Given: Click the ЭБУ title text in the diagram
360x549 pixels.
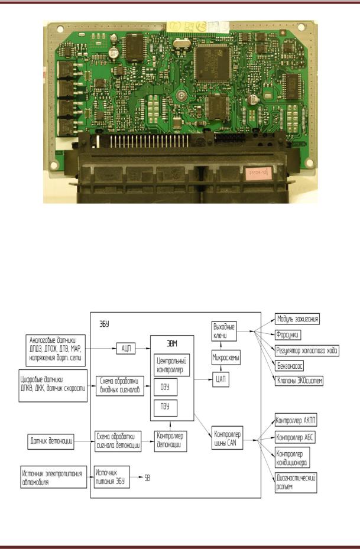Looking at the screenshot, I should (x=104, y=323).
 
